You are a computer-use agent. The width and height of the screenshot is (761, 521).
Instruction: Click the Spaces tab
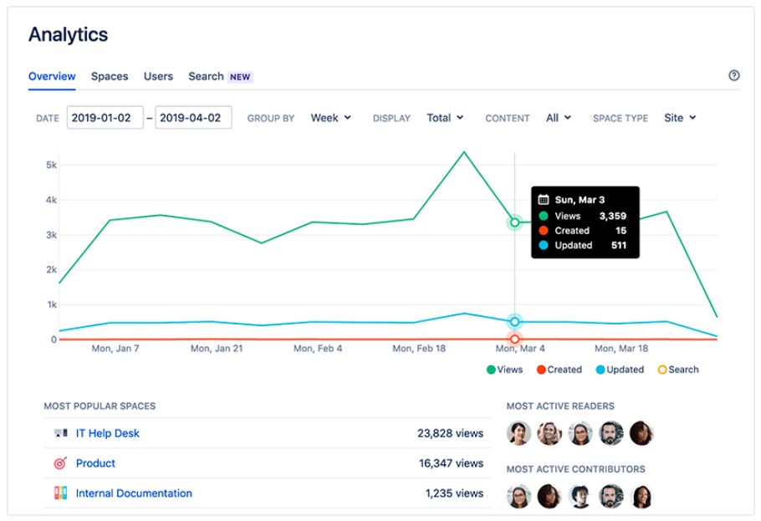point(110,76)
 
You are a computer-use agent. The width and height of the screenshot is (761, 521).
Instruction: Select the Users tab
point(158,76)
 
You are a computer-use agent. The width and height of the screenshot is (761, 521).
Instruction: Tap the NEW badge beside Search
point(240,77)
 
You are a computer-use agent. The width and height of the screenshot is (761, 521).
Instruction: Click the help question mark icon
point(734,75)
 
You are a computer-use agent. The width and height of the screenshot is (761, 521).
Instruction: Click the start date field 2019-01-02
point(105,118)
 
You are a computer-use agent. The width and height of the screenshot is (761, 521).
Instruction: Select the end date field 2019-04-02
point(193,118)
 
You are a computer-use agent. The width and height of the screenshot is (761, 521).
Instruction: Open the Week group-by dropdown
point(330,118)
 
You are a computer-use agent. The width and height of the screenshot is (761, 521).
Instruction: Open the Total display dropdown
point(445,118)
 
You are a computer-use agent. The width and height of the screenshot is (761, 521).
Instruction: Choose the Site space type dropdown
point(680,118)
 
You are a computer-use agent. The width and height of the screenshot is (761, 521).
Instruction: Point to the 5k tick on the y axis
point(52,165)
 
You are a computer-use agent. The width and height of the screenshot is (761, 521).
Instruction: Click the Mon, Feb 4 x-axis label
point(318,348)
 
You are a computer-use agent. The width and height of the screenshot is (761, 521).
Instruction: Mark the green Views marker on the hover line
point(514,222)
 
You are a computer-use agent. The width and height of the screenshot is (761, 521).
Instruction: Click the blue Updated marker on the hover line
point(514,321)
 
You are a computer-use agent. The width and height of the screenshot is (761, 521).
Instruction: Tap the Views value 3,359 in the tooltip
point(612,216)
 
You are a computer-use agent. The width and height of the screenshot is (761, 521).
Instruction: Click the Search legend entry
point(678,370)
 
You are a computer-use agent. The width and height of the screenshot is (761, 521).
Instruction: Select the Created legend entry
point(559,370)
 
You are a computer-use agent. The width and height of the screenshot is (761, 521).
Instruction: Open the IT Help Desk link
point(107,433)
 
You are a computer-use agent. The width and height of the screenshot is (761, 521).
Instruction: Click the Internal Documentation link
point(134,493)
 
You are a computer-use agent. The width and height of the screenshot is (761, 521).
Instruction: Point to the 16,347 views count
point(451,463)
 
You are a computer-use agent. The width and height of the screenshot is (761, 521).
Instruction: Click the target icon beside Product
point(60,463)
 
